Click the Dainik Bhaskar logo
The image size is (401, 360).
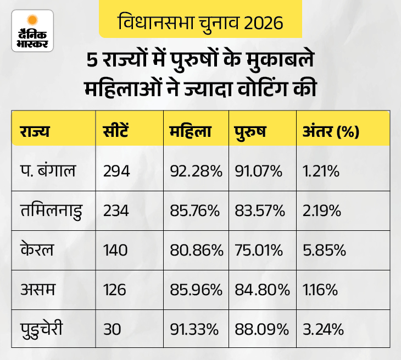32,31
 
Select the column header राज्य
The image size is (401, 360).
35,132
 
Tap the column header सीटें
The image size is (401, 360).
118,132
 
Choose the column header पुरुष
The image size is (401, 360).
250,132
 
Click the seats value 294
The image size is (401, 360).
116,171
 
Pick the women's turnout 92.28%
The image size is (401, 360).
196,171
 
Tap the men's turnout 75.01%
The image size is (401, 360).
258,250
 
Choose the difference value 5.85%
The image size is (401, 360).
324,250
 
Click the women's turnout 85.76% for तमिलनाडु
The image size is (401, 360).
196,211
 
